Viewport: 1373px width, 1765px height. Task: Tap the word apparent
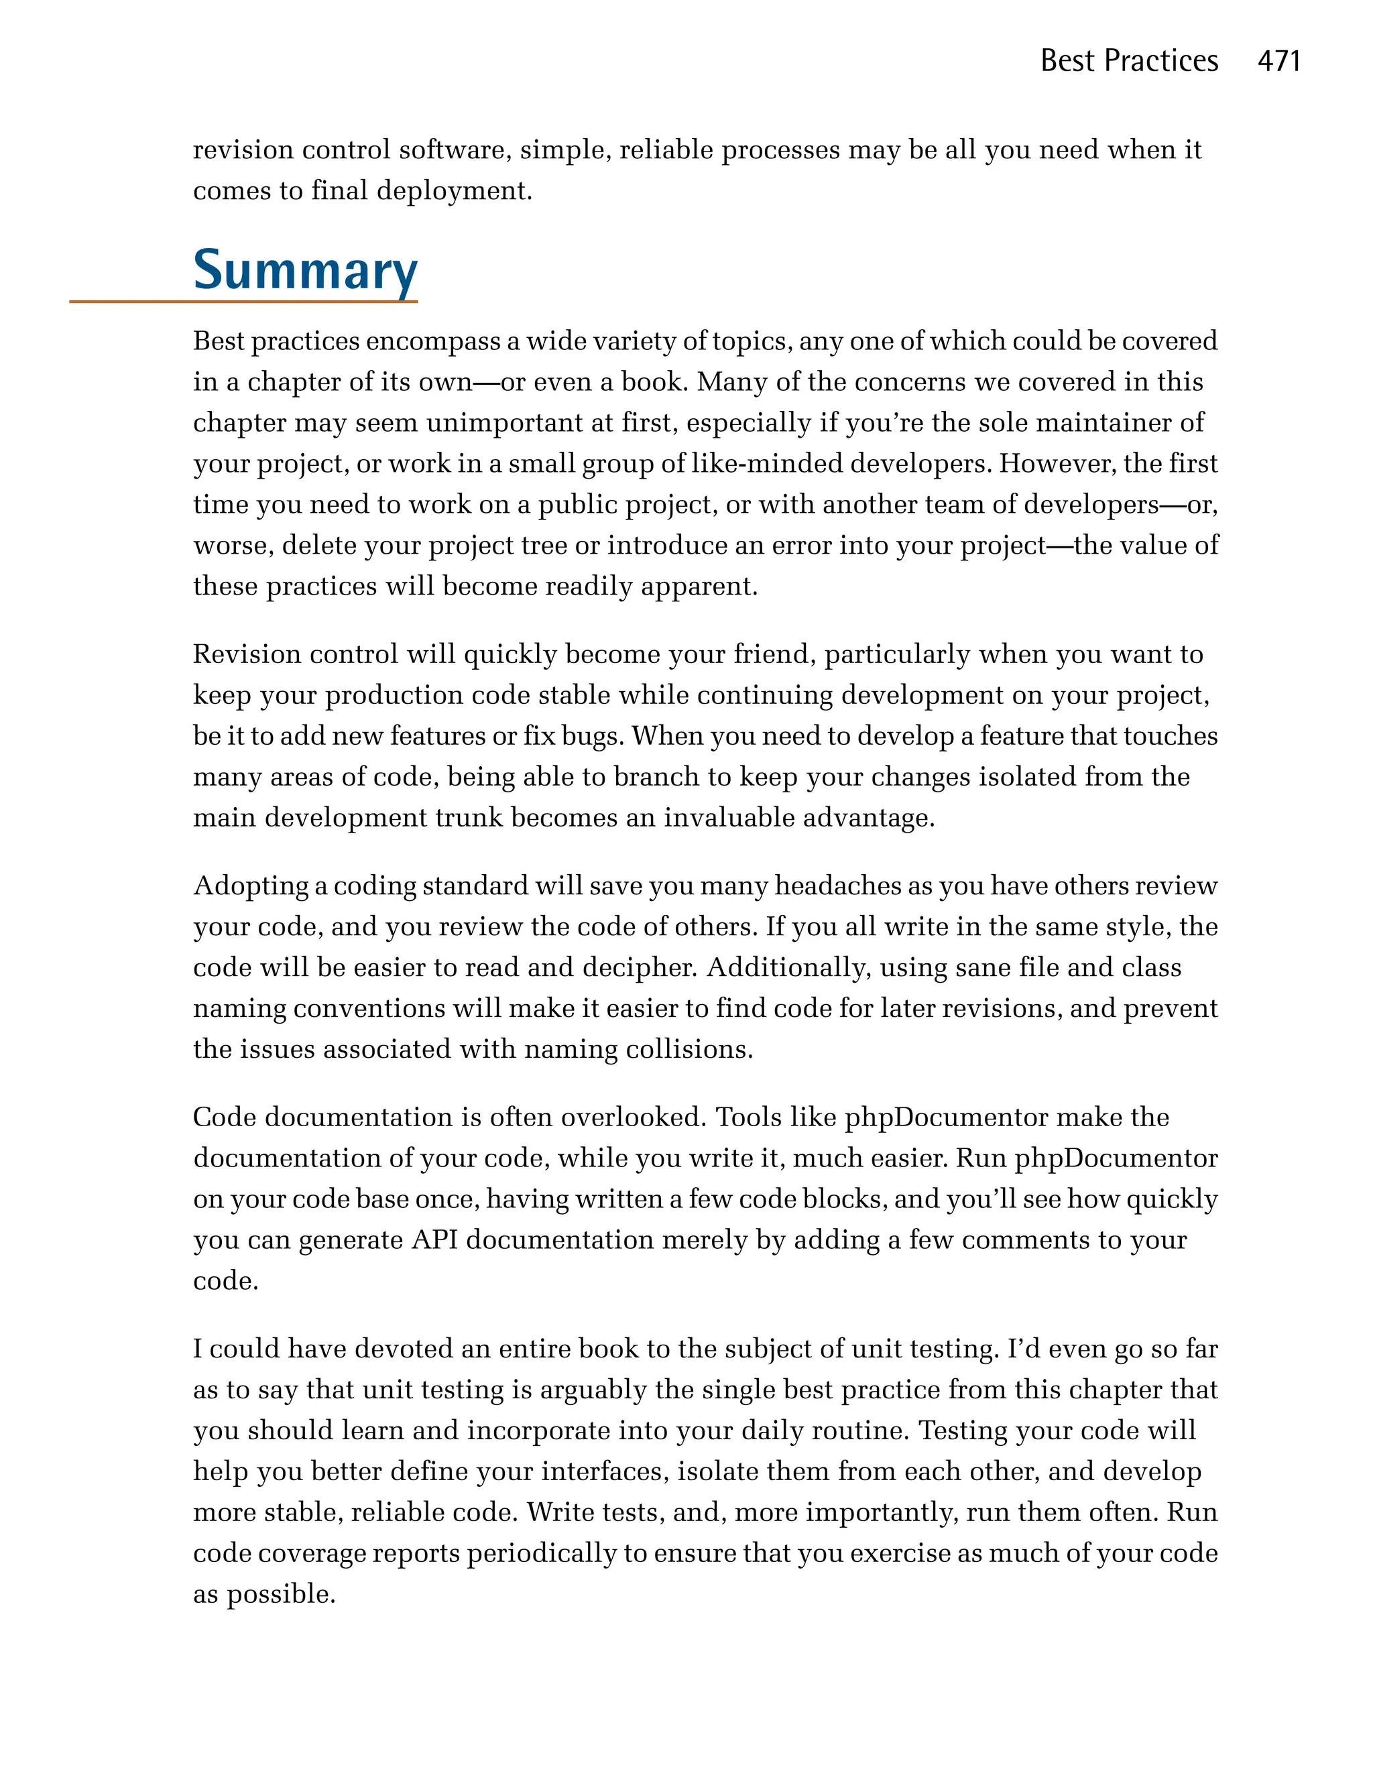pyautogui.click(x=698, y=586)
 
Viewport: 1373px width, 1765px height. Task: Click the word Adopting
pyautogui.click(x=251, y=887)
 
